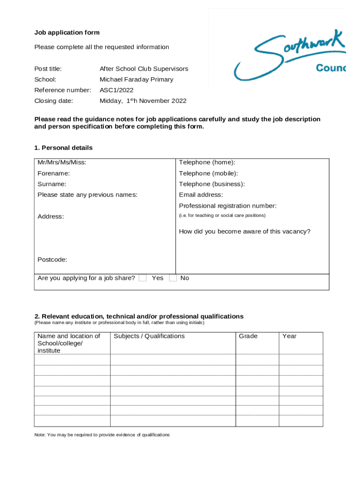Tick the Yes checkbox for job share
point(143,278)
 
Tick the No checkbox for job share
point(173,278)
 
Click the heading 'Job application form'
point(67,33)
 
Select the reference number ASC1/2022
point(117,90)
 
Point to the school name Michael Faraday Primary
point(137,80)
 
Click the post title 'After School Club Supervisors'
point(144,69)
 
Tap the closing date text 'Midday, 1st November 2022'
point(143,101)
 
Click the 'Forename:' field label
point(54,174)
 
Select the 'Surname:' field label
point(52,184)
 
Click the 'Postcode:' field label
point(52,260)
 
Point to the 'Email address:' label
point(201,195)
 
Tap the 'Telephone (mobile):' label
point(209,174)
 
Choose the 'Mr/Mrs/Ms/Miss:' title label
point(62,162)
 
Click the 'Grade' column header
point(248,336)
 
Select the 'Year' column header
point(289,336)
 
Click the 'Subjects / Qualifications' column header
point(149,336)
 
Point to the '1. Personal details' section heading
point(64,148)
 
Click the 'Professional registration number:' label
point(228,206)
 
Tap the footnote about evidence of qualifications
point(102,435)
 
